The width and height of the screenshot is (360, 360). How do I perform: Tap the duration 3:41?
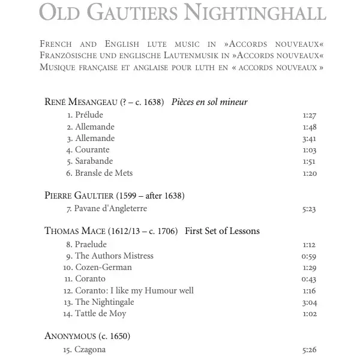tap(309, 139)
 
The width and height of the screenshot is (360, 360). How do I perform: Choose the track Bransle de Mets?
tap(103, 173)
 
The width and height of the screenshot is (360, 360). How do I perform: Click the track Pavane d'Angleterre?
tap(110, 209)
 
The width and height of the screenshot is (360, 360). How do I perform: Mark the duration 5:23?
tap(309, 209)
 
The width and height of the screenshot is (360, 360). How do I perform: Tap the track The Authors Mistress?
tap(114, 256)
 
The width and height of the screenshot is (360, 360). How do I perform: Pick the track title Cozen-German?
tap(103, 267)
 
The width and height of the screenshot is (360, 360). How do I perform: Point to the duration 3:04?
tap(309, 302)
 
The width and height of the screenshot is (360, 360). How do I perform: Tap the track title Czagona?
tap(90, 349)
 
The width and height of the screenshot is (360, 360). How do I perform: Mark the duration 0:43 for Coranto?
tap(309, 279)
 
